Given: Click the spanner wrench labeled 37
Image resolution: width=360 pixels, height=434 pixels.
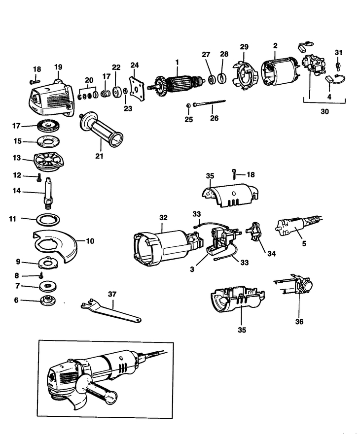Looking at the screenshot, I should [x=111, y=311].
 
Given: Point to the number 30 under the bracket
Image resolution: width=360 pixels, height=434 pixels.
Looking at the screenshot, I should [x=324, y=111].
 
